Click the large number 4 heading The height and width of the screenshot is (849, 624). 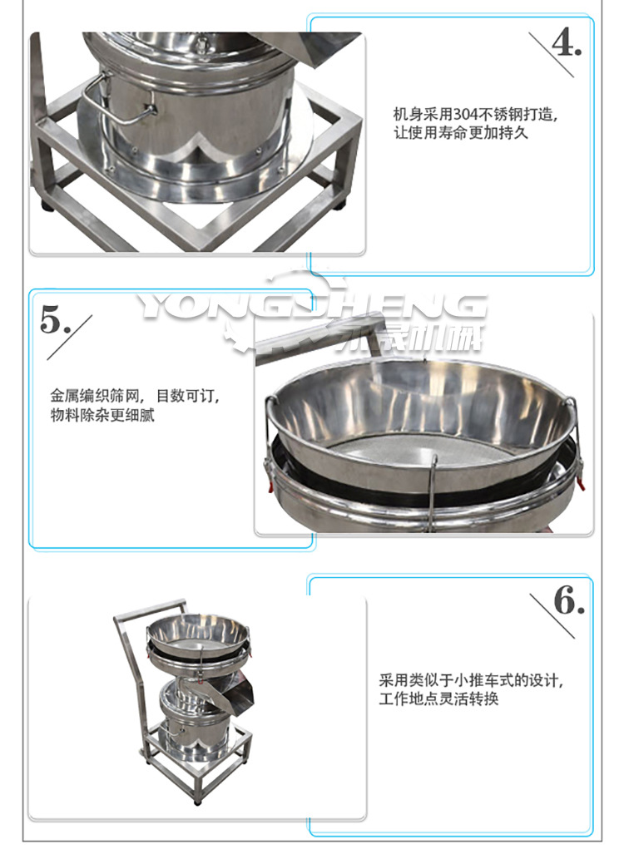566,42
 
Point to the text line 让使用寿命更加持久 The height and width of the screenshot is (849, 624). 460,132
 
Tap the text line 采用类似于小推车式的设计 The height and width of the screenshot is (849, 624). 472,681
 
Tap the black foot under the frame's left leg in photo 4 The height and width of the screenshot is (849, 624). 41,204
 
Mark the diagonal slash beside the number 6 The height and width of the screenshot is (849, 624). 552,616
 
